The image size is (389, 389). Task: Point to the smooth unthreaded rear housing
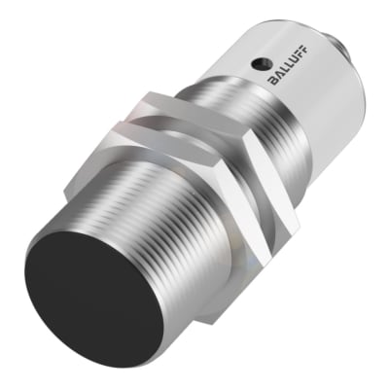(311, 107)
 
